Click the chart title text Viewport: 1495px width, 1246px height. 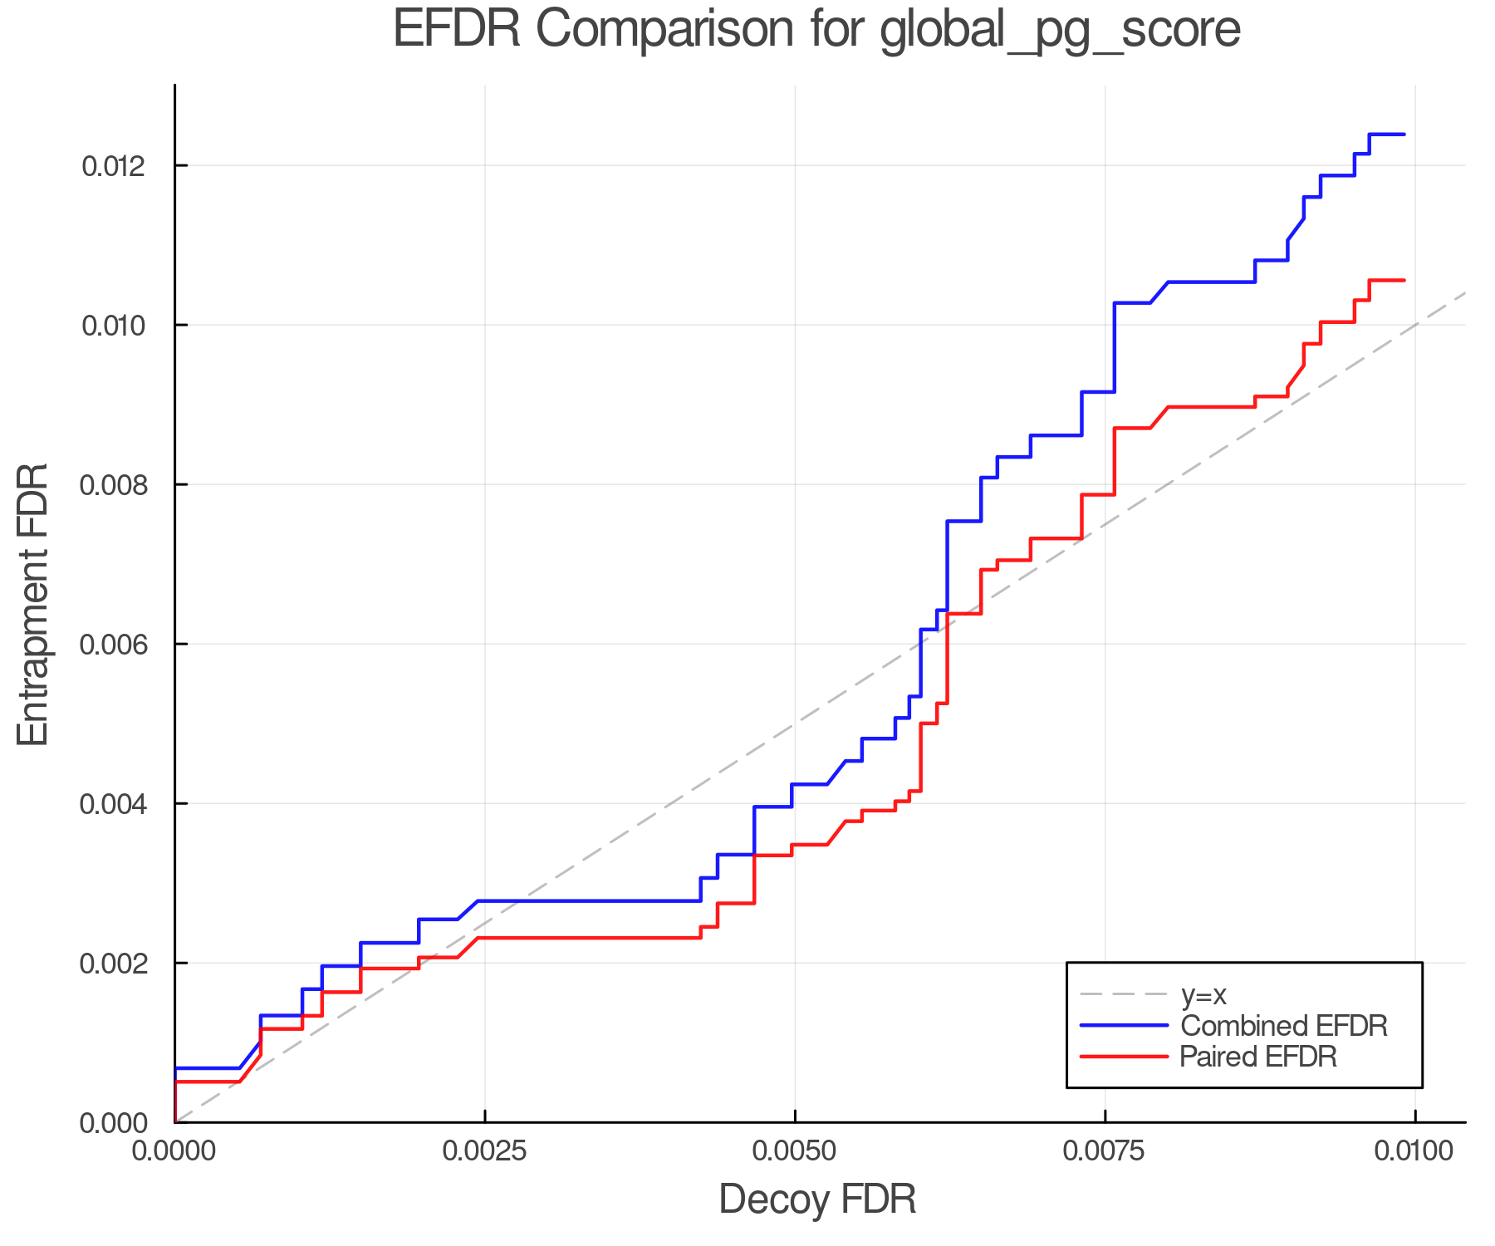click(816, 30)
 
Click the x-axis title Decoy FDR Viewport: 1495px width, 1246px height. click(817, 1199)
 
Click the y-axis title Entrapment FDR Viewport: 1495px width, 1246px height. click(34, 605)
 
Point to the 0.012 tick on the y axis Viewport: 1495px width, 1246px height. click(113, 166)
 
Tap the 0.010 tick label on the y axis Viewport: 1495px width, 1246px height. click(113, 326)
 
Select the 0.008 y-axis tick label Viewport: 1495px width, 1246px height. click(113, 485)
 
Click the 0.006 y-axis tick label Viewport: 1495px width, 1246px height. click(113, 645)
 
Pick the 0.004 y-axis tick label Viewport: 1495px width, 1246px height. click(113, 804)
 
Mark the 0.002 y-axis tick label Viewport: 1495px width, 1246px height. click(113, 964)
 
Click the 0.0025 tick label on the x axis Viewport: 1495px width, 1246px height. click(485, 1151)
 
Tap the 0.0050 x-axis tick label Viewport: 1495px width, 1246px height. click(795, 1151)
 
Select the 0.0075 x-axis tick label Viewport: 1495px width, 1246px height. click(1105, 1151)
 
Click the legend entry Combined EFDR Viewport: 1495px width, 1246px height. click(1284, 1026)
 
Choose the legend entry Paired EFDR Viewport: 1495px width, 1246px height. click(1258, 1057)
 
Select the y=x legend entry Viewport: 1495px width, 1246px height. click(1203, 994)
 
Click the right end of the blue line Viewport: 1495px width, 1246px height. click(1404, 135)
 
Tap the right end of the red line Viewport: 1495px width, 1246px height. click(1404, 281)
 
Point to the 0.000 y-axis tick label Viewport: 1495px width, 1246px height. click(113, 1124)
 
